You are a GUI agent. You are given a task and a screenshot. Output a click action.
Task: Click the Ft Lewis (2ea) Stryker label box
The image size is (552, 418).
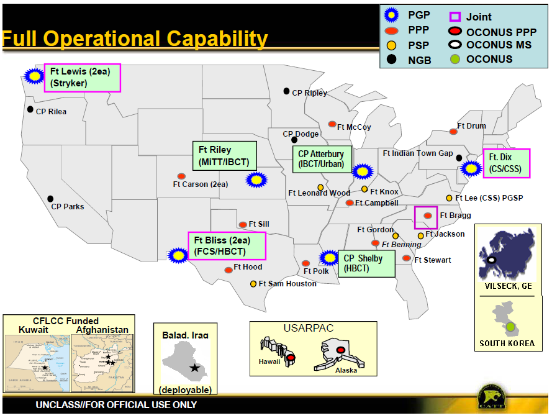(x=83, y=78)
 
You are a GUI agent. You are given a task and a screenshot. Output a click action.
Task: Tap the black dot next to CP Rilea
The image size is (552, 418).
(x=30, y=109)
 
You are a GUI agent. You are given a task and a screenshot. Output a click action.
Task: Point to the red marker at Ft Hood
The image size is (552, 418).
(x=228, y=270)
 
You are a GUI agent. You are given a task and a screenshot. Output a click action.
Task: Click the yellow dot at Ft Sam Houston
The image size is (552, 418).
(x=253, y=284)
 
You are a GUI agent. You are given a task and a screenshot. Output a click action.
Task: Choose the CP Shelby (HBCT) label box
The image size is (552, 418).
(x=367, y=264)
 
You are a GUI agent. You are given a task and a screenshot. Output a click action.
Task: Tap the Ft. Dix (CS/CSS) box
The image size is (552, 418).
(x=506, y=163)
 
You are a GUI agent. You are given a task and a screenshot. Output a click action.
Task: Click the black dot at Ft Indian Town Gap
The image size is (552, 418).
(x=459, y=158)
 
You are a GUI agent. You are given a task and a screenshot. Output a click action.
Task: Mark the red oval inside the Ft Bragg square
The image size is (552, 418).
(x=427, y=216)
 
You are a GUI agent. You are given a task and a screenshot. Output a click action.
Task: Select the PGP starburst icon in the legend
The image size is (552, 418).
(x=392, y=16)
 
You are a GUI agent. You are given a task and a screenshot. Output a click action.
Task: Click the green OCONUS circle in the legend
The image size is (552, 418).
(x=455, y=60)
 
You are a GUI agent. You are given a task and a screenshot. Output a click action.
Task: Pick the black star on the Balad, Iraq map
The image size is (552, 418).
(x=195, y=368)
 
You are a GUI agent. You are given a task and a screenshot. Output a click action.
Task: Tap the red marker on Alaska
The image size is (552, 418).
(x=340, y=351)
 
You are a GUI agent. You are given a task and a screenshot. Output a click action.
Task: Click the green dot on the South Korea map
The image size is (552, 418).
(x=510, y=326)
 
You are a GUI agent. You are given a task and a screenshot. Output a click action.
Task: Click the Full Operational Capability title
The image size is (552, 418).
(x=135, y=39)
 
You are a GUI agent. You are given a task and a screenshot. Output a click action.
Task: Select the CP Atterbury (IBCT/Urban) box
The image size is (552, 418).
(x=321, y=159)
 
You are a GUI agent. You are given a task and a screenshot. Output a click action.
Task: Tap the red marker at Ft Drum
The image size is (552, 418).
(x=453, y=132)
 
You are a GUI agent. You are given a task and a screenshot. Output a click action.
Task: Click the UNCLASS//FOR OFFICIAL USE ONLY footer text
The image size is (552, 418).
(x=116, y=405)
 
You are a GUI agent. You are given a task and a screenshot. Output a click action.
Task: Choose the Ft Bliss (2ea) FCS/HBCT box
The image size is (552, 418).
(x=227, y=245)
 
